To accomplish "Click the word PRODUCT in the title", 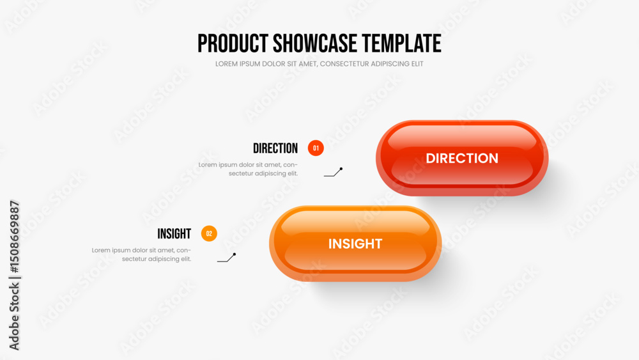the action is pos(233,43).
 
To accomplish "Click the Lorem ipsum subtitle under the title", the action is pos(319,64).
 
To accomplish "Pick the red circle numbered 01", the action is pos(316,148).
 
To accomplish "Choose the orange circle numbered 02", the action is pos(209,233).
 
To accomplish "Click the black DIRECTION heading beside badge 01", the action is pos(275,148).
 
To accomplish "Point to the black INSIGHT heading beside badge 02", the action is pos(174,234).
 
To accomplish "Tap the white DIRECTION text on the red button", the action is pos(462,158).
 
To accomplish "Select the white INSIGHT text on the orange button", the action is pos(355,244).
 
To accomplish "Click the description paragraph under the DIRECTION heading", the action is pos(248,169).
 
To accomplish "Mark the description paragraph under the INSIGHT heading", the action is pos(141,254).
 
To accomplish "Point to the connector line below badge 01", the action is pos(334,173).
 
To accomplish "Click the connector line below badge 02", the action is pos(227,258).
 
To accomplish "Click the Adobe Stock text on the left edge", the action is pos(14,316).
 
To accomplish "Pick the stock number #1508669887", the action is pos(14,237).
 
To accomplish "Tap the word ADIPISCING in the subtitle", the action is pos(392,64).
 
